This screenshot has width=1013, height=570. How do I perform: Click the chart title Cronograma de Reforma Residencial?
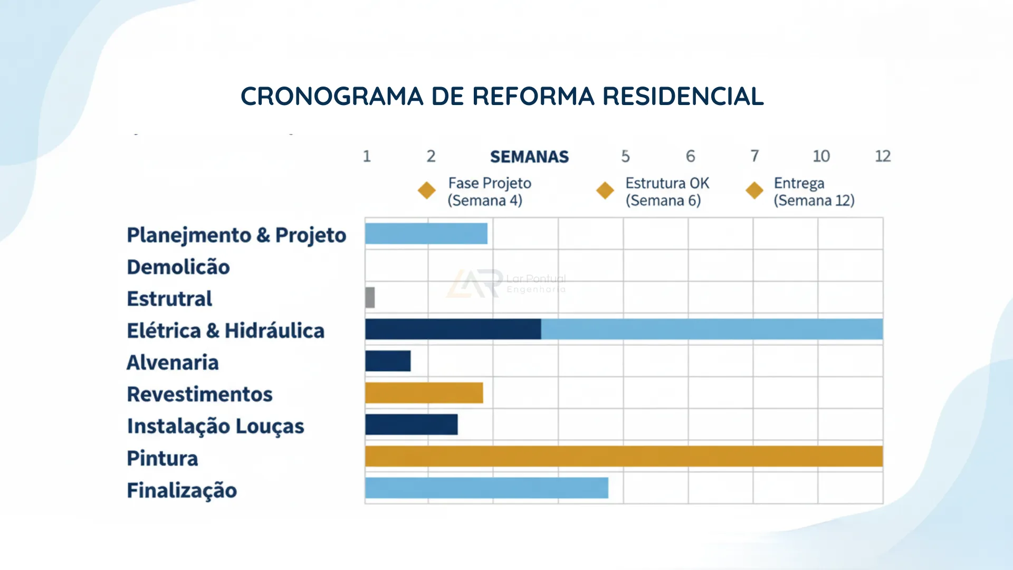[x=502, y=97]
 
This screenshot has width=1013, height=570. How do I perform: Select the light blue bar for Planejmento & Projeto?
[x=426, y=234]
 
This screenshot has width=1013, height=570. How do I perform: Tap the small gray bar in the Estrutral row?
[x=370, y=298]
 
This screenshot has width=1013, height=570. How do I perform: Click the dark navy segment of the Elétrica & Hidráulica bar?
[x=453, y=329]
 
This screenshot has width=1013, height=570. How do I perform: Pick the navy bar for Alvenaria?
[x=388, y=361]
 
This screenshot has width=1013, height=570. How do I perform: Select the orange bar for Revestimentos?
[x=424, y=393]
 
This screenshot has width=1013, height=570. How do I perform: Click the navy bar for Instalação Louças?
[x=411, y=425]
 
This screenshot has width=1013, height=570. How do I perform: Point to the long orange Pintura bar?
[x=624, y=457]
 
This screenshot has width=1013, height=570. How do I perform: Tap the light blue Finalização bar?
[x=486, y=488]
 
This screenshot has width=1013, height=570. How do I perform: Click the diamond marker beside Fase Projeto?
[x=426, y=191]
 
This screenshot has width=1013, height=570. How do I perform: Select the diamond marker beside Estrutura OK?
[x=605, y=191]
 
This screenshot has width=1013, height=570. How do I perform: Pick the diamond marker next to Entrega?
[x=754, y=191]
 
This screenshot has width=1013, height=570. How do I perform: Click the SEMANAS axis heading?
[x=529, y=157]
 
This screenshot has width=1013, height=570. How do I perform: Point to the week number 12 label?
[x=883, y=156]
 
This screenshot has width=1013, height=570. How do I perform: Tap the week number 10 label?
[x=821, y=156]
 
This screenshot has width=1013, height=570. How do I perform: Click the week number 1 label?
[x=367, y=156]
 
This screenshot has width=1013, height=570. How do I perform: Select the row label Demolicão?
[x=178, y=267]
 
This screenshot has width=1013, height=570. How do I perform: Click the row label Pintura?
[x=163, y=458]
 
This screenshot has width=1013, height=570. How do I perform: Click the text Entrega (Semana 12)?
[x=814, y=192]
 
